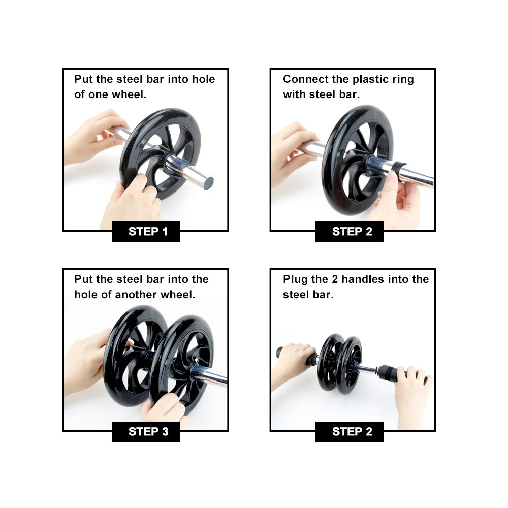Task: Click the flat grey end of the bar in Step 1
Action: click(x=208, y=183)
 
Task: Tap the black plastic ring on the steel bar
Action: click(x=397, y=168)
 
